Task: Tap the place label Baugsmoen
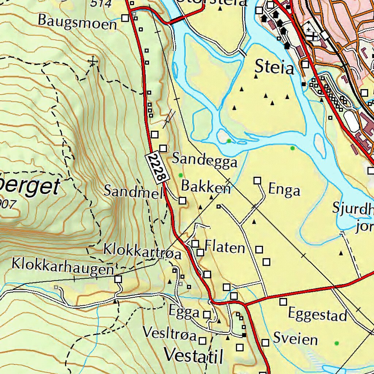tap(77, 22)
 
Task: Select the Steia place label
tap(274, 67)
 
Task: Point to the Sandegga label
tap(205, 160)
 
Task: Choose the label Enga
tap(284, 190)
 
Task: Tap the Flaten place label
tap(225, 247)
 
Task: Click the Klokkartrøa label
tap(142, 251)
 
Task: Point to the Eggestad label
tap(317, 314)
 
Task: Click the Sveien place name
tap(295, 339)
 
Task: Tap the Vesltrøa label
tap(170, 333)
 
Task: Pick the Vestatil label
tap(193, 355)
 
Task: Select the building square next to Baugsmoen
tap(125, 18)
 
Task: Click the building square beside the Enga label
tap(257, 180)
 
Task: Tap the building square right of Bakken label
tap(182, 201)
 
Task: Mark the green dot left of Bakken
tap(180, 175)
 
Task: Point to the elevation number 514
tap(101, 4)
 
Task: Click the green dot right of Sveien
tap(336, 343)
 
